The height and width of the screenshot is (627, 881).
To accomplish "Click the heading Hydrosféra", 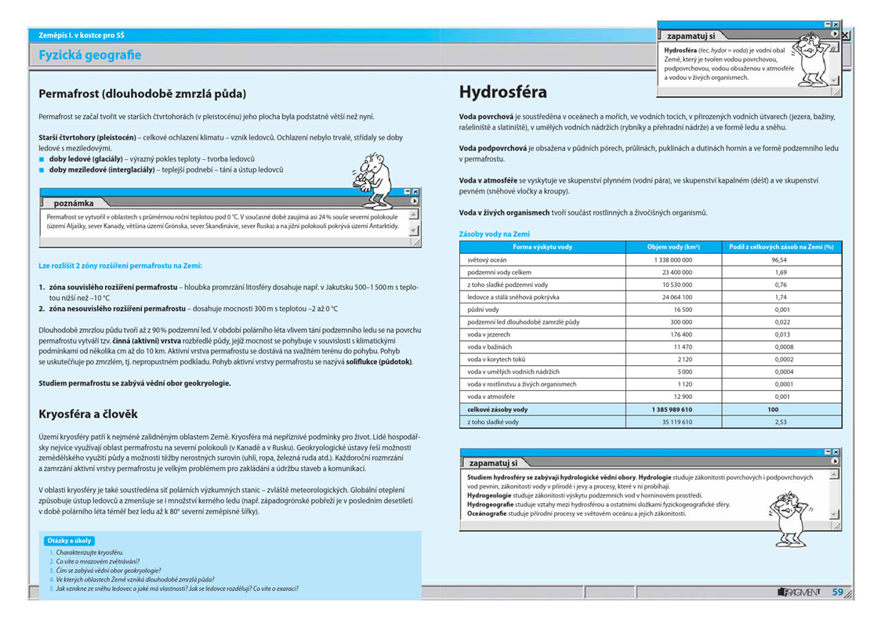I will tap(503, 92).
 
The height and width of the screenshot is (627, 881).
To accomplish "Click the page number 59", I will tap(837, 593).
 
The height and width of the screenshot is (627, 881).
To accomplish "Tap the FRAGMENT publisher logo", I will tap(799, 593).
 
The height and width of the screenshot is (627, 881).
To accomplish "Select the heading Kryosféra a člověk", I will tap(88, 414).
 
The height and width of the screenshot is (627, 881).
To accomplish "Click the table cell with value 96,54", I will tap(778, 259).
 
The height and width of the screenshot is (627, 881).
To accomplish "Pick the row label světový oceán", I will tap(488, 259).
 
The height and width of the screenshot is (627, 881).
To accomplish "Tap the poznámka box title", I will tap(74, 203).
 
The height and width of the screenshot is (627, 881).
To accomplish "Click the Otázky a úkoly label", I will tap(70, 541).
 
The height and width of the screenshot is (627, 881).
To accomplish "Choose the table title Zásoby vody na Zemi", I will tap(494, 234).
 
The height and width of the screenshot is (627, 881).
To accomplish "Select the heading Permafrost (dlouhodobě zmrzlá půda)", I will tap(142, 94).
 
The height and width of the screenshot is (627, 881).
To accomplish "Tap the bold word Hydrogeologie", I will tap(492, 495).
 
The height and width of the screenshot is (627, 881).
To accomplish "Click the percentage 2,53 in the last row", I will tap(778, 422).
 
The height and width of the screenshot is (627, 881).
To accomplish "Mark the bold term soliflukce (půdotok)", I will tap(379, 362).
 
